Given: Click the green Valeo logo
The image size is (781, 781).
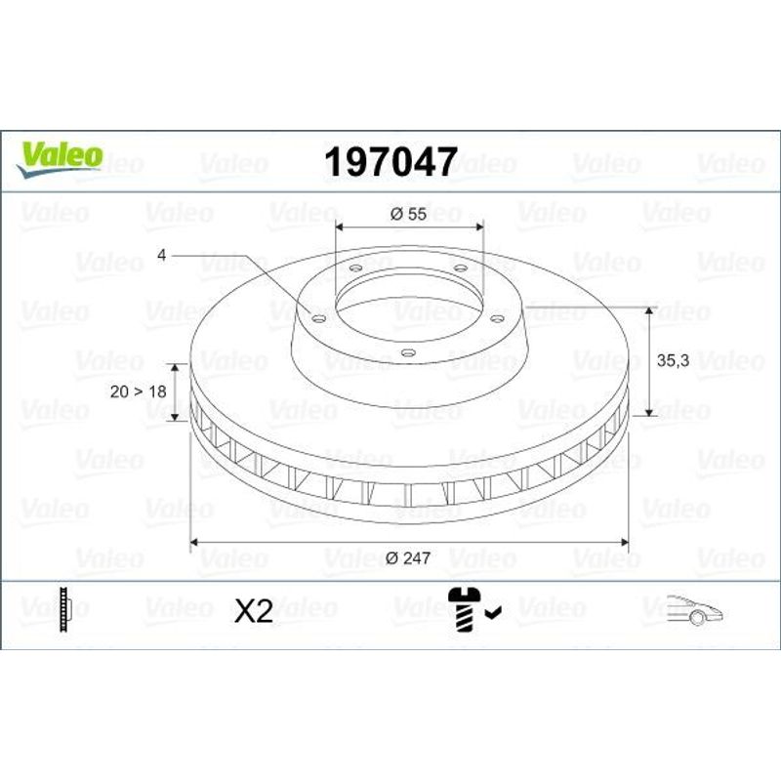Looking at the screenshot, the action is point(60,158).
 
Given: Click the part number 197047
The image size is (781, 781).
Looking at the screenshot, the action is point(390,162).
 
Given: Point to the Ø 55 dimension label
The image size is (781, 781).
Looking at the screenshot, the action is point(408,214).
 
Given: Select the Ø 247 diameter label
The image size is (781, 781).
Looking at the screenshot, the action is point(408,557).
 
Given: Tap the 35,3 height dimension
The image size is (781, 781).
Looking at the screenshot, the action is point(673,360).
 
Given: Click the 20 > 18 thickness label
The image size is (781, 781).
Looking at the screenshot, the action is point(138,391).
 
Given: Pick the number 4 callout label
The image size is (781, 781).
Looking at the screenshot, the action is point(161,255).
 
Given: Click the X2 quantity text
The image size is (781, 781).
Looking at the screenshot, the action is point(254,610).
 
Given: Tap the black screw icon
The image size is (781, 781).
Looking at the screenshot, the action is point(465,609).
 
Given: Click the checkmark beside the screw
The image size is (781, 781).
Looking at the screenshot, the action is point(494,612).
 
